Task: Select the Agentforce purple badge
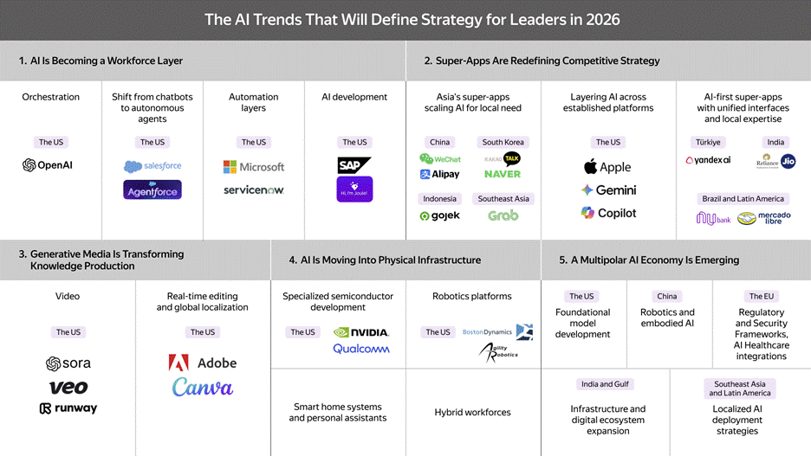click(x=152, y=189)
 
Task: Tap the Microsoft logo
click(x=254, y=166)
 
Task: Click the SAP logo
click(x=354, y=164)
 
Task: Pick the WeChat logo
click(x=440, y=159)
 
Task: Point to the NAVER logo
click(x=503, y=174)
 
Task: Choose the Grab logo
click(x=503, y=215)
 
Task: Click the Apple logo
click(x=607, y=167)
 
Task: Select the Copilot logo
click(x=608, y=213)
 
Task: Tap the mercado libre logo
click(x=762, y=217)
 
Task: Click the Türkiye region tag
click(x=708, y=142)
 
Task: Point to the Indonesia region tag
click(x=440, y=198)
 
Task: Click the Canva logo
click(x=203, y=387)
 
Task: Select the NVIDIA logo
click(x=361, y=332)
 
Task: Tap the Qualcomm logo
click(x=361, y=349)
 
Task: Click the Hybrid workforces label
click(x=472, y=413)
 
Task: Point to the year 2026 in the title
click(x=601, y=19)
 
